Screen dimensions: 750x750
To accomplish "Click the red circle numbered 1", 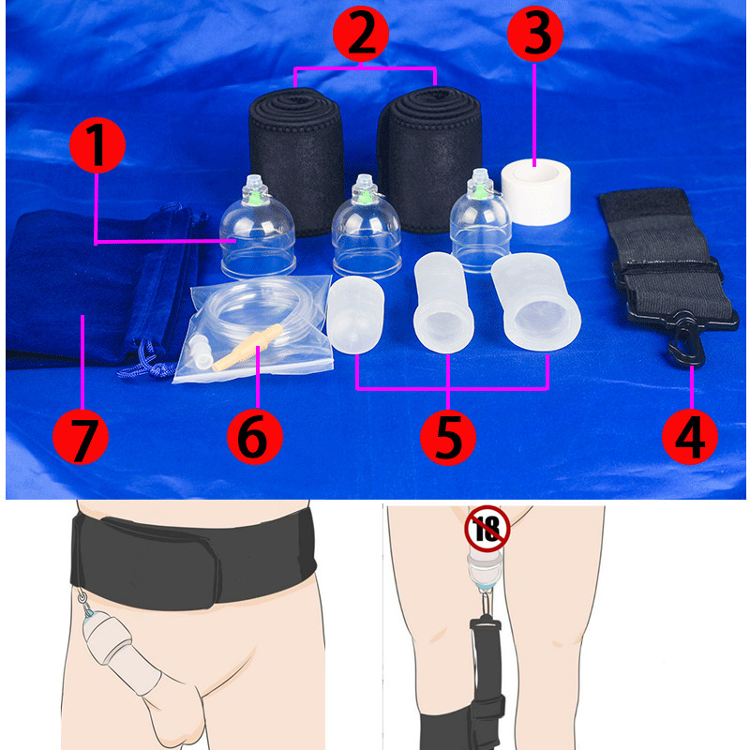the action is coord(97,145).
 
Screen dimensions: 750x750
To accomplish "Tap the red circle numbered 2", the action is coord(361,34).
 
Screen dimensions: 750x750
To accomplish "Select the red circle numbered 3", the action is coord(534,34).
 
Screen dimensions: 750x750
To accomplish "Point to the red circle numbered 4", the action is coord(690,436).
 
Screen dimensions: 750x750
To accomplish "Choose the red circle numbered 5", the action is coord(448,437).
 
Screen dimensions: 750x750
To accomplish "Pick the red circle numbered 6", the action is coord(254,436).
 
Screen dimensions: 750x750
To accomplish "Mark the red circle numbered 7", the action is coord(81,436).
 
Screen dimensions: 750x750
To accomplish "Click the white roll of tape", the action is coord(535,191).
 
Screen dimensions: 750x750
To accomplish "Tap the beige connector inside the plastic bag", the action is coord(247,348).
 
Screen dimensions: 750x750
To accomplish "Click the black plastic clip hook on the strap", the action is coord(687,339).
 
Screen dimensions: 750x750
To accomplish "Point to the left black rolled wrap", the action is coord(296,161).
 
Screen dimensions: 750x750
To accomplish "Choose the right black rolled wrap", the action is coord(429,159).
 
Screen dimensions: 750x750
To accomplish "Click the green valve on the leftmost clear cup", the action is coord(255,197).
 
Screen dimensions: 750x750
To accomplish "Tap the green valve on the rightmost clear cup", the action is coord(479,191).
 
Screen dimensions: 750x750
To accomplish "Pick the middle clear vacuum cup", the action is coord(367,228).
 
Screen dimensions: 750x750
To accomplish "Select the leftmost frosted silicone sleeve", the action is coord(355,314).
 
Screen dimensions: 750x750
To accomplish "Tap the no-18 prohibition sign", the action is coord(487,528).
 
